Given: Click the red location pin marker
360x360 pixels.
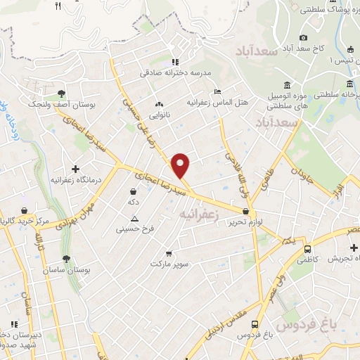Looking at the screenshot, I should (x=181, y=165).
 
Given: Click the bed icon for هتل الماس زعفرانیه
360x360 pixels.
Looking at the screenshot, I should (x=217, y=91).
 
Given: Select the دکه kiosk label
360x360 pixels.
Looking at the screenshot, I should (x=131, y=202).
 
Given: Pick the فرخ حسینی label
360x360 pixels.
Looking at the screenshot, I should (x=134, y=229).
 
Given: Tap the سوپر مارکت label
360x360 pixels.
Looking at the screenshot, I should (x=169, y=264).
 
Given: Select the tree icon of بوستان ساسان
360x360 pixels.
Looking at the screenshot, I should (x=66, y=259).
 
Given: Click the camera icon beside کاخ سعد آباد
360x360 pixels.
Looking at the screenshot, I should (x=303, y=37).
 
